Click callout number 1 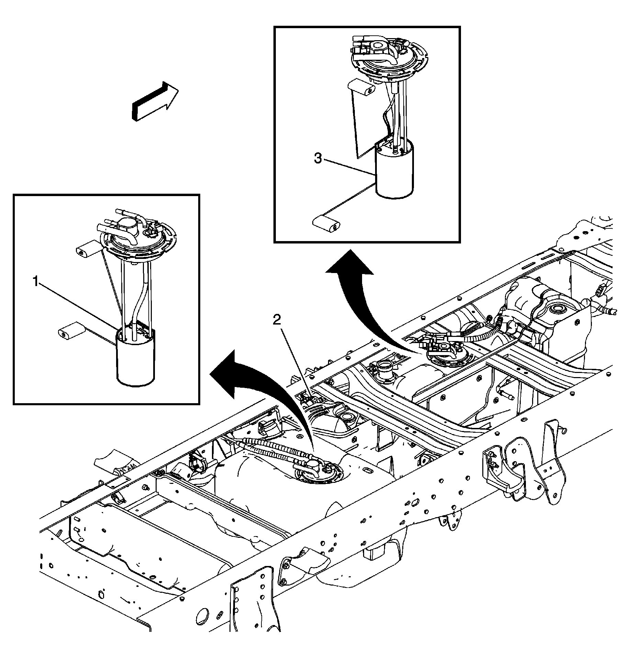[x=35, y=282]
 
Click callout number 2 [x=277, y=320]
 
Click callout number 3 [x=318, y=159]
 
